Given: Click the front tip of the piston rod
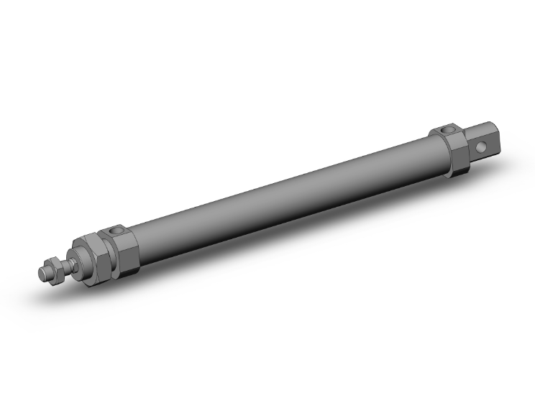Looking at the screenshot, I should (x=41, y=272).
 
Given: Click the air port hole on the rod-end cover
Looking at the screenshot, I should (x=116, y=231).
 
